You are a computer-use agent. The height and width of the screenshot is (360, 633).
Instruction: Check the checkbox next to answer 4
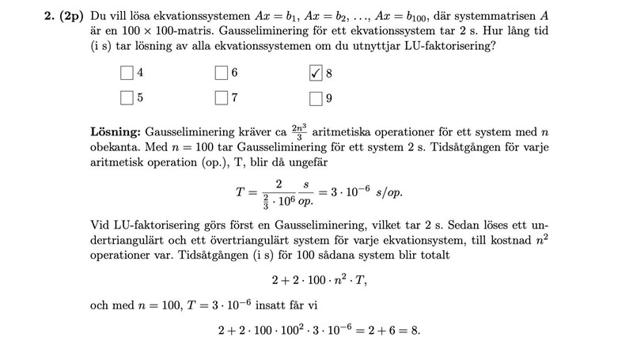point(127,73)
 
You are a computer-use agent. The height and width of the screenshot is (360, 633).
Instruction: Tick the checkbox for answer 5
point(127,99)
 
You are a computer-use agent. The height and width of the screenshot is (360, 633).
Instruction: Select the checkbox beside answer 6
point(222,73)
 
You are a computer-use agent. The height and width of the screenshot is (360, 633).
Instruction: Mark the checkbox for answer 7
point(222,99)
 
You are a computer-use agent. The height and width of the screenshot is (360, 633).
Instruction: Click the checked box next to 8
point(316,73)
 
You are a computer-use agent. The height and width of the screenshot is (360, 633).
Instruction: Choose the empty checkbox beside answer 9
point(316,99)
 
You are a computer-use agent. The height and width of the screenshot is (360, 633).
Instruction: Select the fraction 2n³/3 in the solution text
point(299,131)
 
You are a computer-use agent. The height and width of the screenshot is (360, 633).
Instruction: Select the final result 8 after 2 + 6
point(415,330)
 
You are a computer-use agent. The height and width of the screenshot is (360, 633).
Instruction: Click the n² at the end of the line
point(540,240)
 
